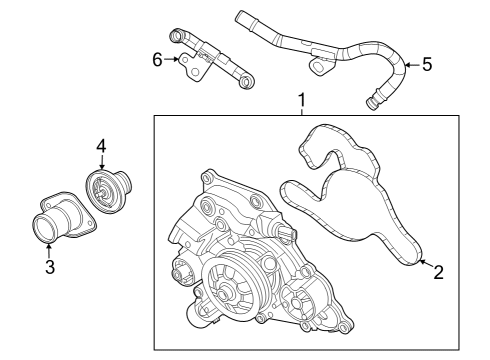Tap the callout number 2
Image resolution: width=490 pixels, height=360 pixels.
(x=437, y=271)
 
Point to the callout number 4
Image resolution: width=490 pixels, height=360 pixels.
(x=101, y=146)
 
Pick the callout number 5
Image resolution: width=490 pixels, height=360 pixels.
(x=426, y=64)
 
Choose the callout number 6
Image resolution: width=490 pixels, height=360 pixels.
(x=157, y=59)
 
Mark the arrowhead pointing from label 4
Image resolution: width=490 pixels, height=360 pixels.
(x=101, y=168)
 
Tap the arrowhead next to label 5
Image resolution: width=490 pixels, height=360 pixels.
(x=405, y=65)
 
